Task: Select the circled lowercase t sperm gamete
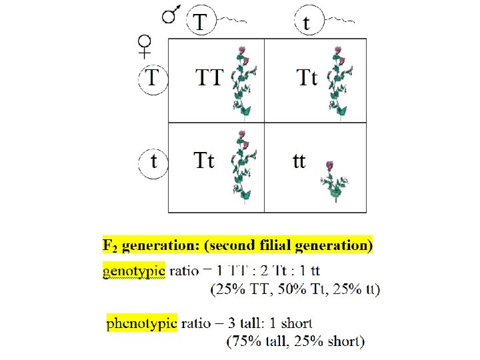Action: pyautogui.click(x=306, y=23)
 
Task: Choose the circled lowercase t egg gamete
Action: pyautogui.click(x=154, y=162)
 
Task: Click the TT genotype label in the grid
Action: pyautogui.click(x=209, y=78)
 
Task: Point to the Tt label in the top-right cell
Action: pyautogui.click(x=306, y=78)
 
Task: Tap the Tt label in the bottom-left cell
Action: pyautogui.click(x=204, y=161)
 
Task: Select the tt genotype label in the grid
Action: pyautogui.click(x=299, y=161)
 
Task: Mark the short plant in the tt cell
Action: pyautogui.click(x=331, y=181)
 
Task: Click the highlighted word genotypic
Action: pyautogui.click(x=133, y=271)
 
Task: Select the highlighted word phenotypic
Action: pyautogui.click(x=142, y=323)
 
